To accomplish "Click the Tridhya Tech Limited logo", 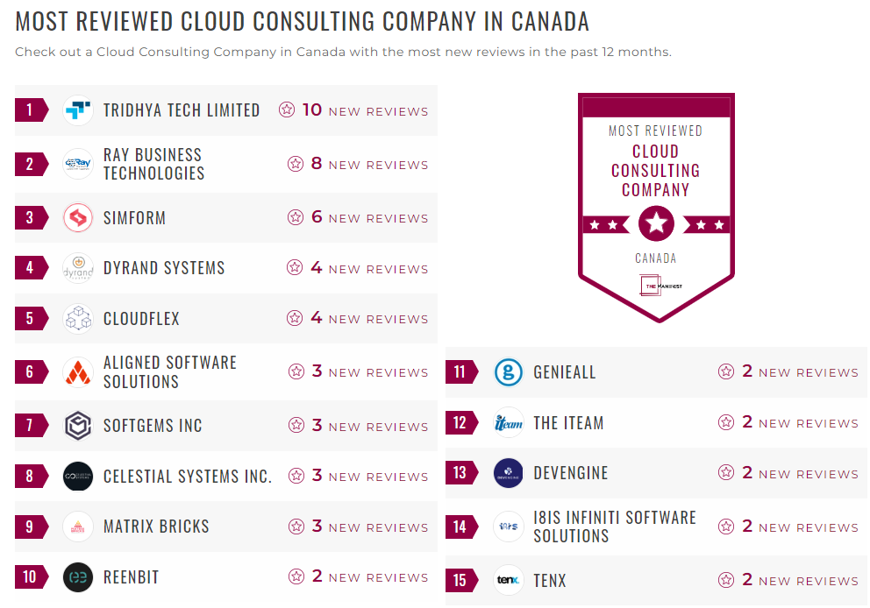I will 78,110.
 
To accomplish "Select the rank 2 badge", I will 31,164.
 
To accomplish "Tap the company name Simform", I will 134,218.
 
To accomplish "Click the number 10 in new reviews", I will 312,110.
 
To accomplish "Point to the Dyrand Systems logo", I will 78,268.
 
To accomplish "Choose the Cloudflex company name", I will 141,319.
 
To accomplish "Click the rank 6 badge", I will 31,372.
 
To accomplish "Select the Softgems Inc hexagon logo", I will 78,426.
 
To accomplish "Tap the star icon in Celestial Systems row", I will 296,476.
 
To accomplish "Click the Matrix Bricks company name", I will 156,527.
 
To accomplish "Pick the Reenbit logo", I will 78,577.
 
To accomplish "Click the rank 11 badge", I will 460,372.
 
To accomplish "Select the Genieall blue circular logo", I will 509,372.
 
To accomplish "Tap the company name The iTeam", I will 568,423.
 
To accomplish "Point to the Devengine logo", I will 509,473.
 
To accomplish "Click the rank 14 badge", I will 460,527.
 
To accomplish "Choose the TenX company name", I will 550,581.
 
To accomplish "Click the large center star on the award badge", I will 656,224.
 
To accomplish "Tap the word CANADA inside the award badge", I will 656,258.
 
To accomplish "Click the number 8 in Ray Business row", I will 317,164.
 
